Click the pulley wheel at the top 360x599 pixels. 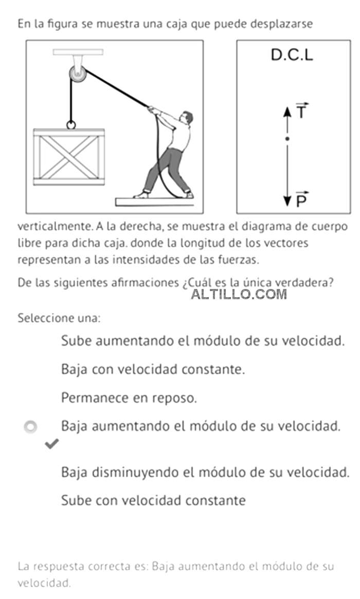coord(78,74)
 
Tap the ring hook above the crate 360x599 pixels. coord(71,125)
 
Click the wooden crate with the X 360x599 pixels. coord(69,157)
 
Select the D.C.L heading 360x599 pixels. coord(292,55)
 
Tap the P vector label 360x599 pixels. coord(302,199)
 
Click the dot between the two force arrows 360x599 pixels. coord(287,139)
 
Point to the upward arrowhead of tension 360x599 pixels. coord(287,112)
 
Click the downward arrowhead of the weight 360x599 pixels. coord(287,202)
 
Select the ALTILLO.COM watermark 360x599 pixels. coord(239,294)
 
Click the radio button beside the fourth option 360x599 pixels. coord(30,427)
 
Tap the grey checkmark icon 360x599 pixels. coord(51,444)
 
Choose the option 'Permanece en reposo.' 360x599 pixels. coord(129,398)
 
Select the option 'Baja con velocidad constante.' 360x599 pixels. coord(153,369)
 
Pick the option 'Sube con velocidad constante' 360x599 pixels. coord(153,500)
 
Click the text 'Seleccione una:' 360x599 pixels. coord(59,318)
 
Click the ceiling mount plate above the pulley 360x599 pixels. coord(78,52)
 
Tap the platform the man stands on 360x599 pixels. coord(155,202)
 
